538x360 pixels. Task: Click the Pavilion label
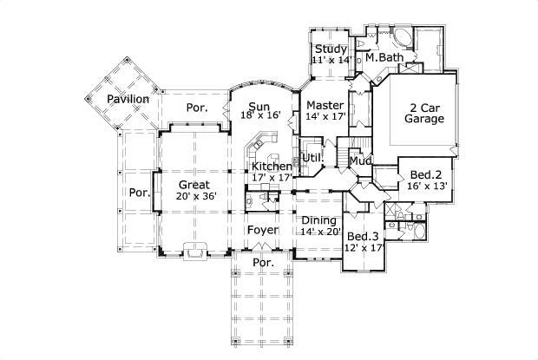128,99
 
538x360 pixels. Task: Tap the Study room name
331,49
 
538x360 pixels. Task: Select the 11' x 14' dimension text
331,61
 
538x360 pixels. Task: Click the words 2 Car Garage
424,114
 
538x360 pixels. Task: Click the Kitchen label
271,166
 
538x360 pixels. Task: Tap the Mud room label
359,160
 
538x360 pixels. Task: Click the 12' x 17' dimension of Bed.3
364,248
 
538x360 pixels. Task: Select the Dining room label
320,219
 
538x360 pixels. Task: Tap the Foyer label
262,230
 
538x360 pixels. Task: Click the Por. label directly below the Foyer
262,262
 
